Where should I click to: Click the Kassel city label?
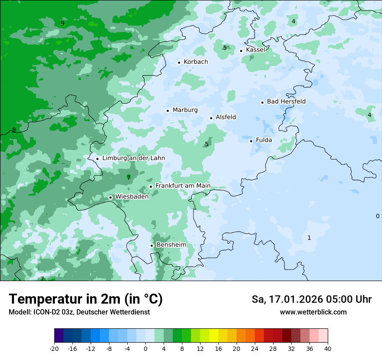pyautogui.click(x=255, y=50)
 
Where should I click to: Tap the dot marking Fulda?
pyautogui.click(x=251, y=141)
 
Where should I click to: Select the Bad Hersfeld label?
pyautogui.click(x=286, y=101)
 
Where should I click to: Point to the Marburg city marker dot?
pyautogui.click(x=168, y=111)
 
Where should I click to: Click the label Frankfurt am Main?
pyautogui.click(x=183, y=186)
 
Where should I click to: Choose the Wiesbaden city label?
pyautogui.click(x=132, y=196)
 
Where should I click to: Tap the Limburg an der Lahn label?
pyautogui.click(x=133, y=158)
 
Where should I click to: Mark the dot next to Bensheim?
pyautogui.click(x=151, y=245)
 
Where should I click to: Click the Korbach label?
pyautogui.click(x=195, y=62)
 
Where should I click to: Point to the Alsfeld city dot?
pyautogui.click(x=211, y=118)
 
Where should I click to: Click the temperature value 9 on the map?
pyautogui.click(x=63, y=23)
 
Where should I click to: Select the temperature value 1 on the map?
pyautogui.click(x=309, y=238)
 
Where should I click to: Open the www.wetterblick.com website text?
pyautogui.click(x=313, y=312)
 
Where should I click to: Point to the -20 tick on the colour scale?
pyautogui.click(x=54, y=348)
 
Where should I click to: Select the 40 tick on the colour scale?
pyautogui.click(x=327, y=348)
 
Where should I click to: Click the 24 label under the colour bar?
pyautogui.click(x=255, y=348)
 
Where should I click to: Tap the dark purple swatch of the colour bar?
pyautogui.click(x=59, y=336)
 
